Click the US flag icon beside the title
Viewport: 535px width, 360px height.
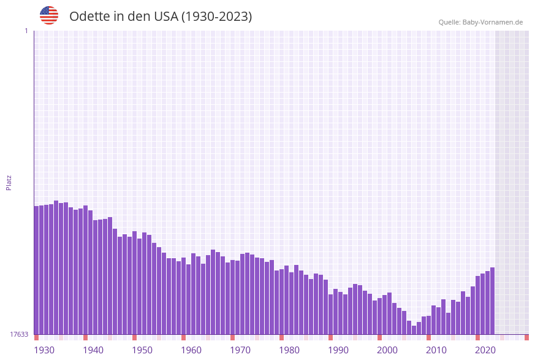[x=49, y=15]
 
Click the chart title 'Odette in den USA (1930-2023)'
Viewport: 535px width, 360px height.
[x=161, y=17]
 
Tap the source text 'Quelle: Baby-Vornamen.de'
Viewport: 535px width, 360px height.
[x=480, y=22]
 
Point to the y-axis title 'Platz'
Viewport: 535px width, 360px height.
[x=9, y=182]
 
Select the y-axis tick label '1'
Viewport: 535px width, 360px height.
[x=26, y=31]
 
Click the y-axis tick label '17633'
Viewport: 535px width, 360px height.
[x=19, y=334]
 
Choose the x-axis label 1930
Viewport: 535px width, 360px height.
[x=44, y=350]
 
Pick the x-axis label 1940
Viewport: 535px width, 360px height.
[x=93, y=350]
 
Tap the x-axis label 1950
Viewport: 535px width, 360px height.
[x=142, y=350]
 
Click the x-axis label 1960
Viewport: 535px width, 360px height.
[x=191, y=350]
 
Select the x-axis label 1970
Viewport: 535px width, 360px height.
[x=240, y=350]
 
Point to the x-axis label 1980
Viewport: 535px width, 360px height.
[x=289, y=350]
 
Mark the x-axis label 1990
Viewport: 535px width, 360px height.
[x=338, y=350]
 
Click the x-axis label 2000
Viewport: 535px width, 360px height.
[x=387, y=350]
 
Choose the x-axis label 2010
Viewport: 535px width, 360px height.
[x=436, y=350]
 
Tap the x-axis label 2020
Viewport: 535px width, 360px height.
[x=485, y=350]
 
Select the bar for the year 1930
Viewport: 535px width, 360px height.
[x=37, y=270]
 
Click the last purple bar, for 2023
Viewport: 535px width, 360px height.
[x=492, y=301]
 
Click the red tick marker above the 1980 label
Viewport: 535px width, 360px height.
[x=281, y=337]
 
